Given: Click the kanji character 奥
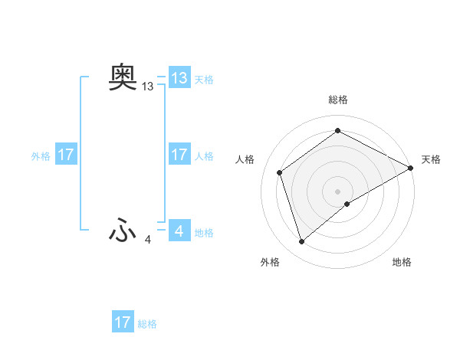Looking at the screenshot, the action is point(123,77).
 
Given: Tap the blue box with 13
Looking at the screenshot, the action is point(179,78).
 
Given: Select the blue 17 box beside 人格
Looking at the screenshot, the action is point(179,155).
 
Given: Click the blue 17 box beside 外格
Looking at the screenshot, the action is point(65,155).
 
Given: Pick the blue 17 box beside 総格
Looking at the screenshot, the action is point(122,322).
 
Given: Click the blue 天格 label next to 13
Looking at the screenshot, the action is point(204,80).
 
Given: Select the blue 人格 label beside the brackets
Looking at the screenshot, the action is point(204,156).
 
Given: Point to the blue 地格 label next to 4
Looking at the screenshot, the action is point(204,233).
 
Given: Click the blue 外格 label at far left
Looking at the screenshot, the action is point(41,156).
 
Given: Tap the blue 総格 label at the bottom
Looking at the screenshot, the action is point(147,324).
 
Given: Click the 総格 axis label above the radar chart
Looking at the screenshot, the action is point(338,100).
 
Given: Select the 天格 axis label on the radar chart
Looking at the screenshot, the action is point(431,159).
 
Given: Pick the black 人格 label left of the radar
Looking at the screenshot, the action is point(245,159).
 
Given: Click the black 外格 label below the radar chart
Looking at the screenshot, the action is point(270,263).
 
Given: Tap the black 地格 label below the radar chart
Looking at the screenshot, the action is point(402,263).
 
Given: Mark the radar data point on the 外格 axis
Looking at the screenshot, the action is point(301,242).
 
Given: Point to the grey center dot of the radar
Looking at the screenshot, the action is point(338,191).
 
